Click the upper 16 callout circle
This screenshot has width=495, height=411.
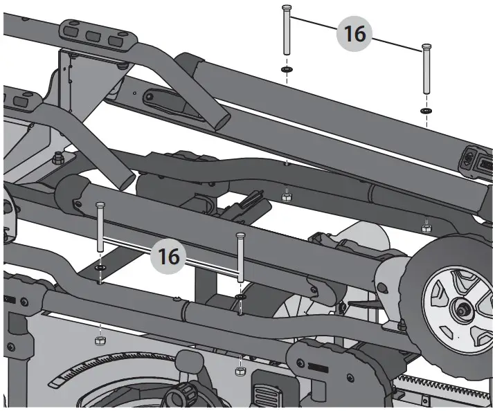354,33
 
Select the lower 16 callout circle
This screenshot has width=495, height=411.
169,255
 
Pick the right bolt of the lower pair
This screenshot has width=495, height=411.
240,256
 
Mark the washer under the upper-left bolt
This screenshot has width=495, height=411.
285,70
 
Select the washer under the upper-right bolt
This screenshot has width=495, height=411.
426,110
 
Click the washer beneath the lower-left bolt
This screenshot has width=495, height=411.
101,266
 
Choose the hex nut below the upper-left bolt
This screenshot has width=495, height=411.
286,196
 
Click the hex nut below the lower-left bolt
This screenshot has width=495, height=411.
98,341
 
